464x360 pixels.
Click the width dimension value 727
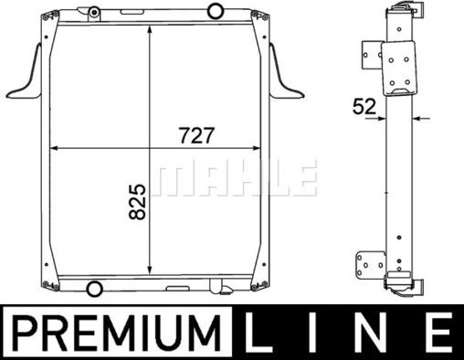pos(196,135)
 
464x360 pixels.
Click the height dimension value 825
pos(137,202)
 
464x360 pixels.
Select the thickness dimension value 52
pos(364,107)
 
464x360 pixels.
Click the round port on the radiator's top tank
pos(216,11)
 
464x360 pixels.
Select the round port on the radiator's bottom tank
pos(94,288)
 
